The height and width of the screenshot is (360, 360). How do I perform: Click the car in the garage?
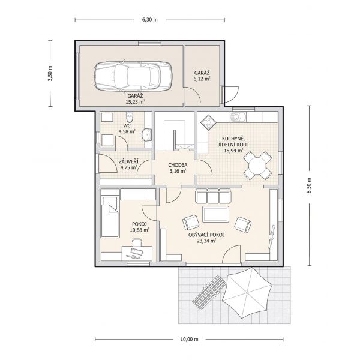[x=133, y=76]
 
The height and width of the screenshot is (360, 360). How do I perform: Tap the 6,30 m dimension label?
[x=150, y=20]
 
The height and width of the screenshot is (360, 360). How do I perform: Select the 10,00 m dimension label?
[x=189, y=340]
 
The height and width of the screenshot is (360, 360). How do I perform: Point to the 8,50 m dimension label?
[x=309, y=186]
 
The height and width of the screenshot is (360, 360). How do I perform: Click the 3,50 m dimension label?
[x=50, y=73]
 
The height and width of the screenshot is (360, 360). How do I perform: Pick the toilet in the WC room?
[x=130, y=117]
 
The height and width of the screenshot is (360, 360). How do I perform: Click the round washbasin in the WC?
[x=146, y=135]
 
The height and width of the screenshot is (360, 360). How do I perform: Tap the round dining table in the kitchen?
[x=257, y=166]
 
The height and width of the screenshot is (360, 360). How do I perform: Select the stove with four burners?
[x=208, y=122]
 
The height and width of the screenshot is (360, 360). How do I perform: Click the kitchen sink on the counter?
[x=238, y=117]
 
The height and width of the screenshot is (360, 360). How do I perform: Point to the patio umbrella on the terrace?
[x=247, y=293]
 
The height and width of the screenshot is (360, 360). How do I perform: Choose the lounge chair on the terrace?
[x=209, y=290]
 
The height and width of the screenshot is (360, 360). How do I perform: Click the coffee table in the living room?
[x=215, y=214]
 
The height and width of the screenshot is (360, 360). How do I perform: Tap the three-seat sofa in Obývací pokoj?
[x=213, y=196]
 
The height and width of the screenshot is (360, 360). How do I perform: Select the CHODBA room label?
[x=178, y=165]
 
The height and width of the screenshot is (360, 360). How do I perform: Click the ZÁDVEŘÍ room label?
[x=128, y=161]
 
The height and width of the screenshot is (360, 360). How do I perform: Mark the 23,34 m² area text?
[x=206, y=241]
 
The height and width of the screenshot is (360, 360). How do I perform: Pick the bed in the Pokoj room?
[x=110, y=217]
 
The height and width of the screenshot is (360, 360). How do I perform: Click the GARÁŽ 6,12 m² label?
[x=202, y=76]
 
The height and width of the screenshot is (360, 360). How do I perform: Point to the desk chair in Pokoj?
[x=137, y=242]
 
